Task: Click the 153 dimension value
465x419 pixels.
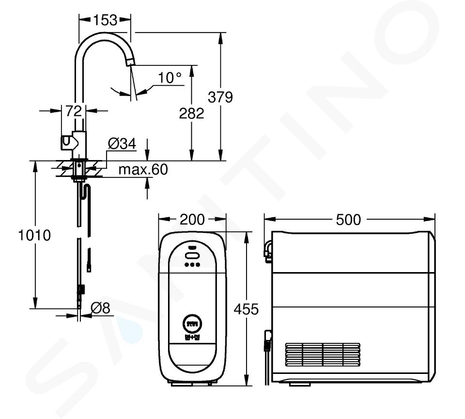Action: click(x=105, y=20)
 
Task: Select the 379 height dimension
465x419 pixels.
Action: click(x=220, y=97)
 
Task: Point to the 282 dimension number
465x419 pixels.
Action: click(x=192, y=113)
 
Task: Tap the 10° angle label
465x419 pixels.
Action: click(x=170, y=78)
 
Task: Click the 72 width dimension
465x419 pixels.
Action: click(x=73, y=111)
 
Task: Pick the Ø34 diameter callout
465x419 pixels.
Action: click(x=122, y=144)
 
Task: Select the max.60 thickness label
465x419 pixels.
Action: click(x=143, y=169)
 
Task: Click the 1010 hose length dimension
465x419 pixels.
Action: click(x=34, y=235)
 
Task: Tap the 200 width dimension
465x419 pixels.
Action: click(x=192, y=220)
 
